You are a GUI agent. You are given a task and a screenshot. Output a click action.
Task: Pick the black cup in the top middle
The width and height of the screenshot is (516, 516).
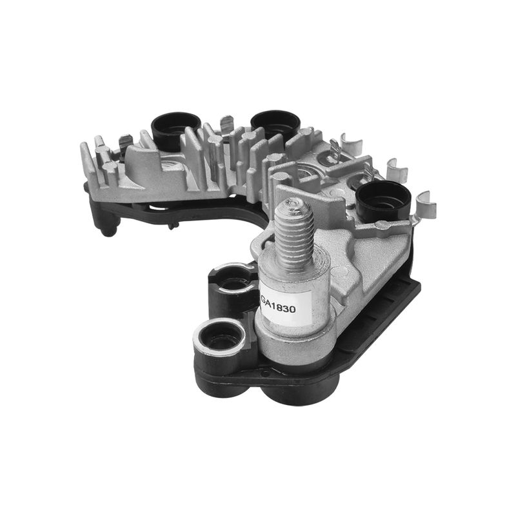[276, 124]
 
